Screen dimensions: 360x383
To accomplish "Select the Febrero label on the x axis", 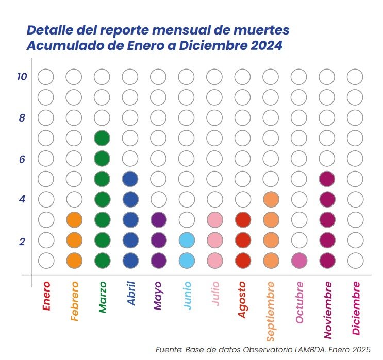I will point(74,301).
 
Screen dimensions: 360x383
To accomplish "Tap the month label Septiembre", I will point(271,311).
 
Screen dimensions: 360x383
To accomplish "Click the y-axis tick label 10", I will point(21,77).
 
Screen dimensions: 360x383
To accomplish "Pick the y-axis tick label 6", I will point(22,159).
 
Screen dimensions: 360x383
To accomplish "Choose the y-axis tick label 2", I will point(22,241).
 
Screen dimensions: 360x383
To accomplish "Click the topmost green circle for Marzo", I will point(102,138).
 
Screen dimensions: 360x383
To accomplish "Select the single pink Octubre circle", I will point(298,260).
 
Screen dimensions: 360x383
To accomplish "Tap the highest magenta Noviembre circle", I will point(327,179).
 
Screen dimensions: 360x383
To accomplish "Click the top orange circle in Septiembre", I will point(271,199).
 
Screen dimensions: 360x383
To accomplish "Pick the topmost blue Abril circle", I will point(130,179).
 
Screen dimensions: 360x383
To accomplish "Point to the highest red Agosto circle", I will point(243,219).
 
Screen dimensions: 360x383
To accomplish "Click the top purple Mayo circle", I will point(158,219).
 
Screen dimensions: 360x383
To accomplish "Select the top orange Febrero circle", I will point(74,219).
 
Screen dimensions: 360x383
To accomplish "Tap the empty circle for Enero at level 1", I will point(46,260).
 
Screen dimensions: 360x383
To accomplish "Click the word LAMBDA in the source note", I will point(311,350).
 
